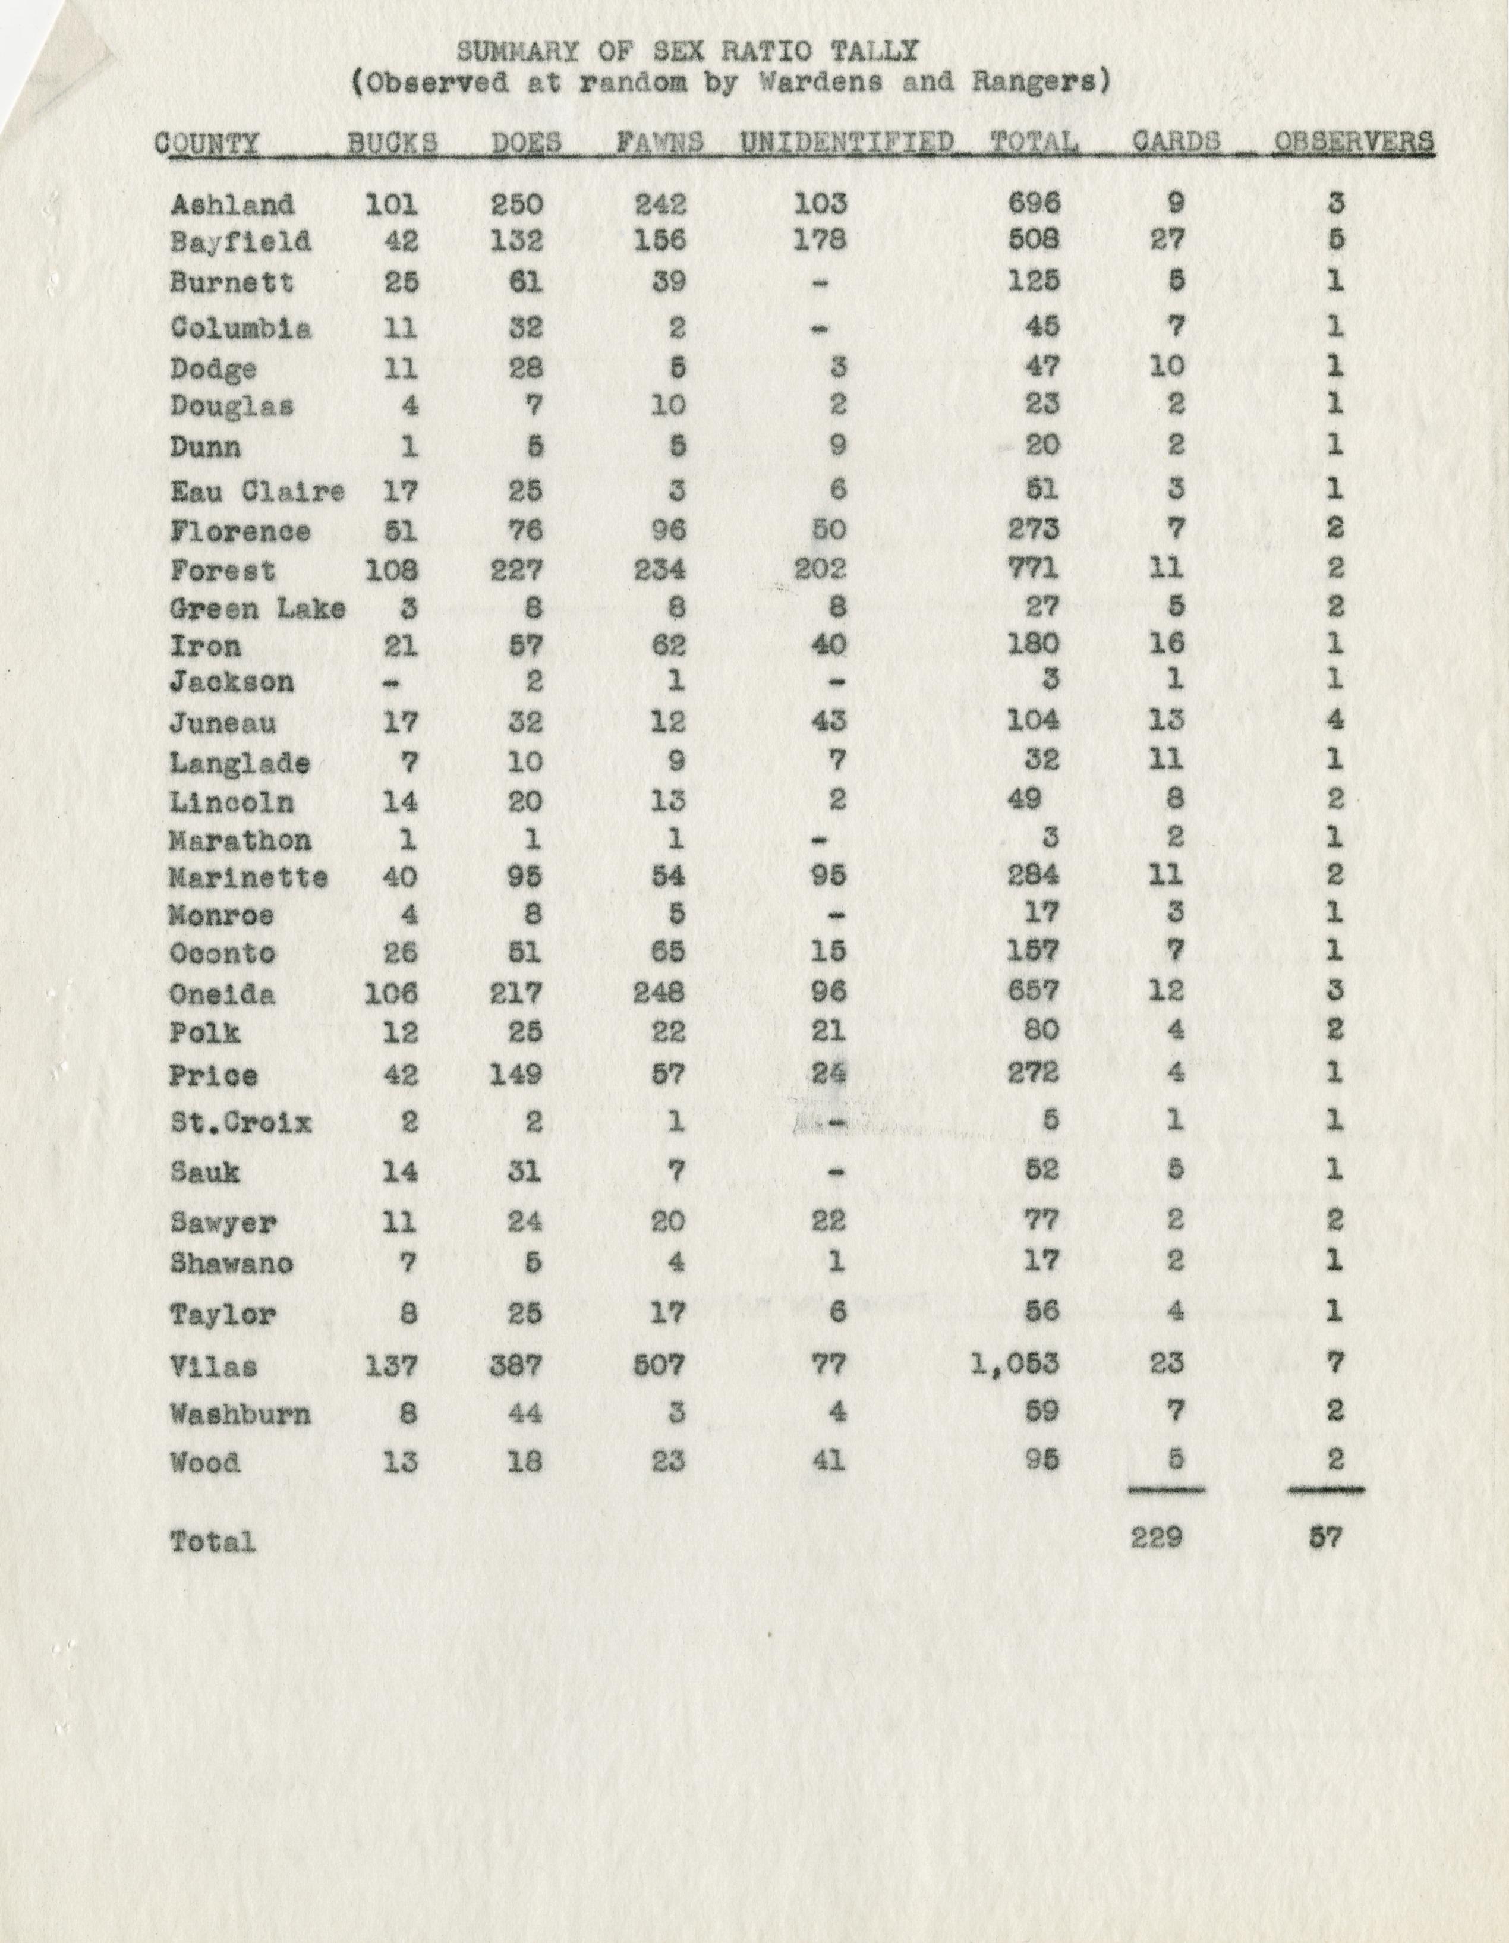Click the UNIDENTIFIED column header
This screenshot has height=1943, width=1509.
tap(846, 142)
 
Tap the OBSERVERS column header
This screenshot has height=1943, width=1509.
tap(1353, 142)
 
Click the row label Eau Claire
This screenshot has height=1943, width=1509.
tap(257, 490)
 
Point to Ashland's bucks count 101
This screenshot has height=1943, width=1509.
tap(392, 204)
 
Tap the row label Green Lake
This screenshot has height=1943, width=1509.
tap(257, 609)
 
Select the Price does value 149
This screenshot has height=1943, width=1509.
tap(516, 1075)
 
